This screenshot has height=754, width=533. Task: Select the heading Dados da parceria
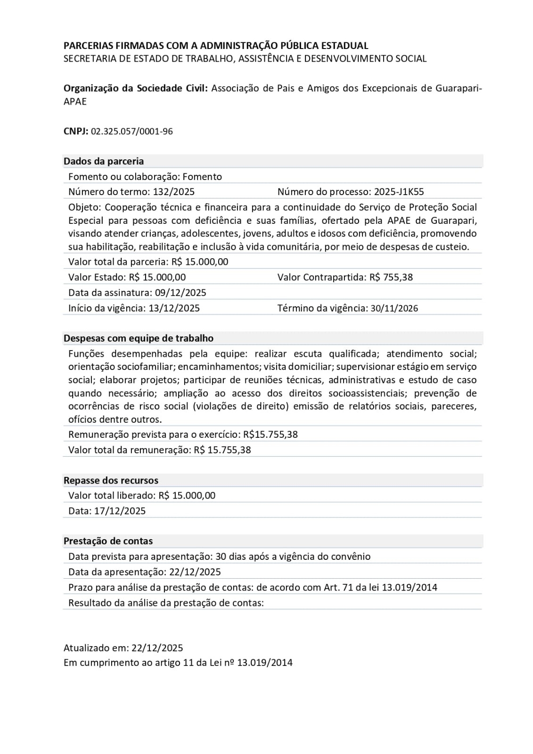[x=104, y=161]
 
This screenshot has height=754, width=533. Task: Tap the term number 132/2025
[x=174, y=192]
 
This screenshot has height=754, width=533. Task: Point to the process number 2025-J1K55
[x=399, y=192]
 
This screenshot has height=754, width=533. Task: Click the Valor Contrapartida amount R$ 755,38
[x=391, y=277]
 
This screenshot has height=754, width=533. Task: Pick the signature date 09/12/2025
[x=180, y=293]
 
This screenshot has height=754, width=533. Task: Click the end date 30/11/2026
[x=394, y=308]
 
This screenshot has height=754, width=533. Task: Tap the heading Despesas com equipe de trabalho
[x=139, y=338]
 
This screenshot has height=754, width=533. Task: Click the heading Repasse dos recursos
[x=111, y=481]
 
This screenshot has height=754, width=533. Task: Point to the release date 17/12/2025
[x=120, y=511]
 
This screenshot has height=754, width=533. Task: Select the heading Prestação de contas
[x=108, y=541]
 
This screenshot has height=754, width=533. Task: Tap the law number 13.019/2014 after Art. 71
[x=410, y=588]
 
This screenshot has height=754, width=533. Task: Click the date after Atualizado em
[x=157, y=648]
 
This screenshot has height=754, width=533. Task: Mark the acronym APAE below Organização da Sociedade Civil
[x=75, y=102]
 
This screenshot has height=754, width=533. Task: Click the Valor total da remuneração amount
[x=222, y=450]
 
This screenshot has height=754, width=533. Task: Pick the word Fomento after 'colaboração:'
[x=202, y=177]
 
